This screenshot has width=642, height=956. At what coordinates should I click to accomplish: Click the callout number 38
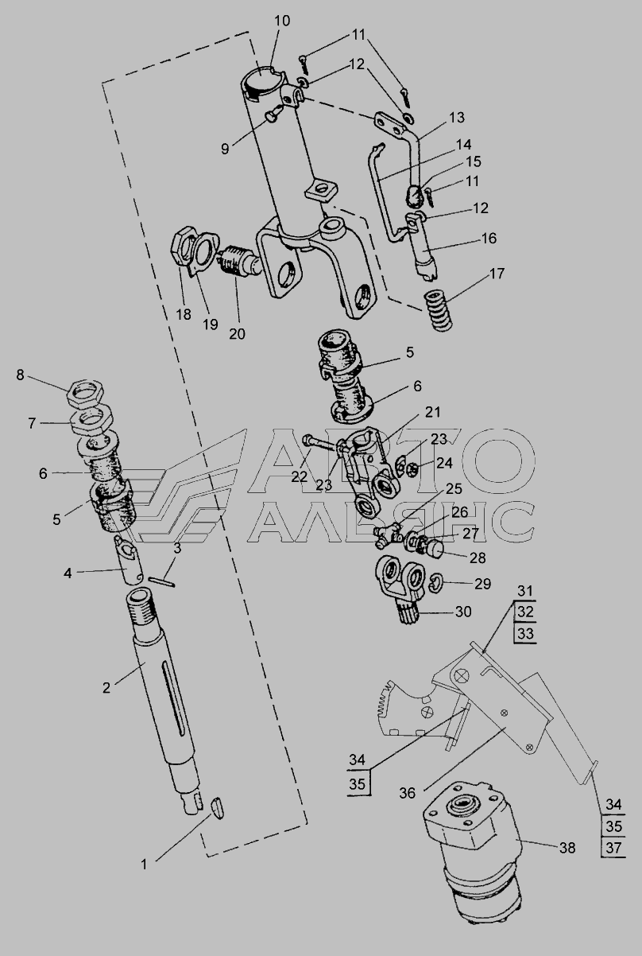567,848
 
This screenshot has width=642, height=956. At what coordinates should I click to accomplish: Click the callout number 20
237,334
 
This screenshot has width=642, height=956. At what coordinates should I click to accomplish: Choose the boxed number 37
613,847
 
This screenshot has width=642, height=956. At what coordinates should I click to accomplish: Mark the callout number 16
489,238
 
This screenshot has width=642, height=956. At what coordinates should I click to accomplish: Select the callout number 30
463,612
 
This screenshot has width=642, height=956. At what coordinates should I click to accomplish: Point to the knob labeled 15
412,195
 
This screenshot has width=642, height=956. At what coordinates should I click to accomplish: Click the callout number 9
225,149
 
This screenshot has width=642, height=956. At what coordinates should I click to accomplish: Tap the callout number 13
457,118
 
